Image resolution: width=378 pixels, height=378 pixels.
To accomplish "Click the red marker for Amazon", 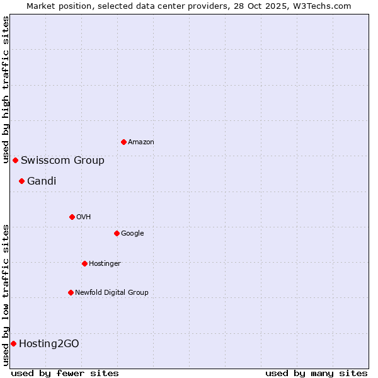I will (123, 142).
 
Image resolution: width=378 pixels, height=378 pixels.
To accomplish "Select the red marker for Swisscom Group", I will (15, 160).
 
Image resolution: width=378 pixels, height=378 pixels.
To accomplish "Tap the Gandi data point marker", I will (21, 181).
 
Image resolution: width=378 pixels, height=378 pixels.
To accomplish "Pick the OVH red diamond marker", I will (72, 217).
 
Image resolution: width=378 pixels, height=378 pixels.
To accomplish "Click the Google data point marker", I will (117, 233).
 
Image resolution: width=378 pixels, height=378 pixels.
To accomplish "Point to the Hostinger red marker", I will (84, 263).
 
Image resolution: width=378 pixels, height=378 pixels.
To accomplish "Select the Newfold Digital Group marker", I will (71, 292).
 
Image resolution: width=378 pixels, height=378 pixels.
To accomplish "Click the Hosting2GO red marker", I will (13, 343).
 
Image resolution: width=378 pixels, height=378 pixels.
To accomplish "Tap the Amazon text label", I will (141, 142).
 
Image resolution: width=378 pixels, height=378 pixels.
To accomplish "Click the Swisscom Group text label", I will (62, 160).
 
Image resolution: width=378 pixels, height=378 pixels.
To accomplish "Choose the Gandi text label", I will (42, 181).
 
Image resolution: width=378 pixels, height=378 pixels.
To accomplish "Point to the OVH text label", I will (84, 217).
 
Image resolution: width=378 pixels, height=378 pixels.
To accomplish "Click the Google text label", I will (132, 234).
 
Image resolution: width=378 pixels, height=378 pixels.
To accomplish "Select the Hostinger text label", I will (105, 263).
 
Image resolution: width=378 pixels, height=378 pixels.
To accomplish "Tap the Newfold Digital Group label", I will (112, 292).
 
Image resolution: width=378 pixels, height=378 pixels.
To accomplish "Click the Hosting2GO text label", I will (49, 344).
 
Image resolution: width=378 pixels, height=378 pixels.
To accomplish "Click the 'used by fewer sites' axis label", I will (65, 373).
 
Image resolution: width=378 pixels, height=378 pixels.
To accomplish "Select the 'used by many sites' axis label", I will (316, 373).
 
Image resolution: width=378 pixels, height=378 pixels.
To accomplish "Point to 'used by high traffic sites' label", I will (6, 90).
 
